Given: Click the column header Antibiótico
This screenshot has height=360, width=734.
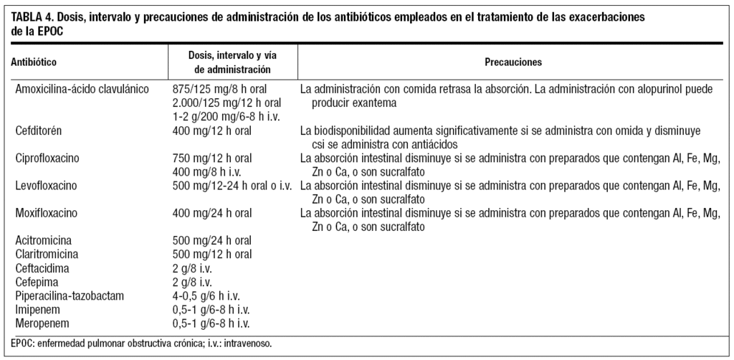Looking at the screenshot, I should pos(34,62).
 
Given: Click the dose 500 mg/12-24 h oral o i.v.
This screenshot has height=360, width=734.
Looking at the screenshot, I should pos(232,186).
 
